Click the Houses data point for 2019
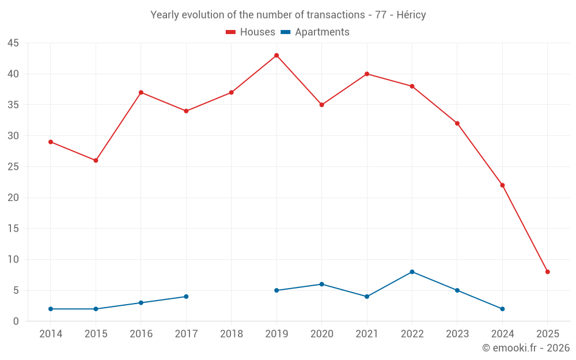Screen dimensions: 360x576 pos(276,55)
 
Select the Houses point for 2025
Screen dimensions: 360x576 pos(547,272)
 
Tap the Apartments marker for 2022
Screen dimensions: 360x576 pos(412,272)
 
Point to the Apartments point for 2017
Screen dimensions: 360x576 pos(186,297)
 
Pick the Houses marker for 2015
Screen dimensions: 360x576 pos(96,160)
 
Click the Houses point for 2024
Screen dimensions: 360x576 pos(502,185)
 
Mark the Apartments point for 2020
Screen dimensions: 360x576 pos(321,284)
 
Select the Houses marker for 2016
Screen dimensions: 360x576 pos(141,92)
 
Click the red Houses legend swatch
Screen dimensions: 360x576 pos(230,32)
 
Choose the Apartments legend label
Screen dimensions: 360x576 pos(322,32)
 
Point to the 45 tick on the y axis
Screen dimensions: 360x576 pos(13,43)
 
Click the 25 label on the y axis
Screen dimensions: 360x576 pos(13,167)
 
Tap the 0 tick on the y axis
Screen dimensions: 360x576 pos(16,321)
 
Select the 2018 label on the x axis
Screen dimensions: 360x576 pos(232,334)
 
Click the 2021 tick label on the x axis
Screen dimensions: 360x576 pos(367,334)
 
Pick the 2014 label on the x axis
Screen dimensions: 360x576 pos(51,334)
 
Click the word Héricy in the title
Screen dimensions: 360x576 pos(411,15)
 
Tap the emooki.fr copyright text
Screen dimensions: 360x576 pos(526,348)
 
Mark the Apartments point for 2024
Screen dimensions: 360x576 pos(502,309)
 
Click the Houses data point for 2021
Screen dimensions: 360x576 pos(367,74)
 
